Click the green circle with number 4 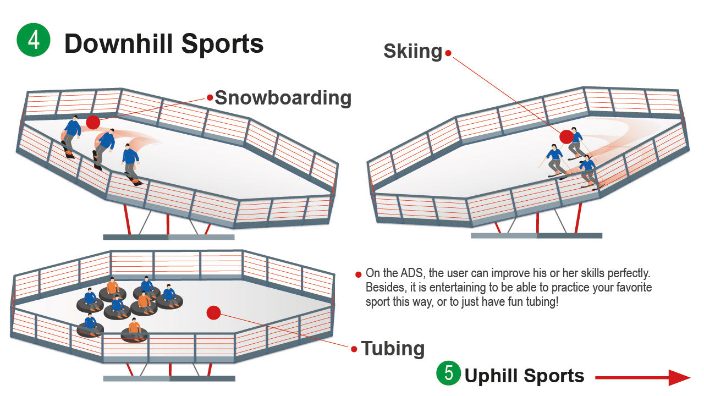34,40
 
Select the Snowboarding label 283,98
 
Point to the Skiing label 413,51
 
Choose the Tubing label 393,348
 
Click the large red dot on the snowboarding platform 94,122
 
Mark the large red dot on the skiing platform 566,136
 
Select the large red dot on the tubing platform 213,312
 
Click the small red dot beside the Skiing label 448,53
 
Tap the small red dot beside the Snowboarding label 210,97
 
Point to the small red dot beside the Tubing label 354,348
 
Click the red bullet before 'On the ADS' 359,274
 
